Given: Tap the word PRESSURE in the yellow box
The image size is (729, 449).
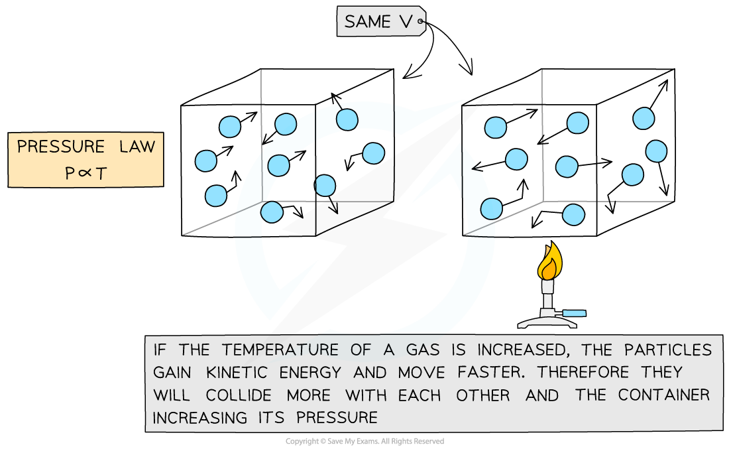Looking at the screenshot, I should pyautogui.click(x=61, y=147).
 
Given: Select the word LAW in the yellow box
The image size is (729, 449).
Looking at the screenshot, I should pyautogui.click(x=137, y=147).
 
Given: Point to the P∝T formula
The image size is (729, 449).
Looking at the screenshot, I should pyautogui.click(x=85, y=172).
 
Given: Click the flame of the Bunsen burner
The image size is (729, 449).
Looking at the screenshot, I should pyautogui.click(x=549, y=262).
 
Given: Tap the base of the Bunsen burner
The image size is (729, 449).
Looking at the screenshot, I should pyautogui.click(x=547, y=322).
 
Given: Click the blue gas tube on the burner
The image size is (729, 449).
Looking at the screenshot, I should pyautogui.click(x=575, y=312).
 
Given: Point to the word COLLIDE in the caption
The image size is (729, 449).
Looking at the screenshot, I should pyautogui.click(x=239, y=395).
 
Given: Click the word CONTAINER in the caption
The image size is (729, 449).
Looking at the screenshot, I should pyautogui.click(x=663, y=395).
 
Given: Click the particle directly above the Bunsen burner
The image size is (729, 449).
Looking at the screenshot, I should pyautogui.click(x=573, y=215).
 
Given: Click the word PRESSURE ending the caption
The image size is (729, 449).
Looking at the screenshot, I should pyautogui.click(x=337, y=418).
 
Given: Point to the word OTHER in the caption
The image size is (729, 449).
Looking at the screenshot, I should pyautogui.click(x=483, y=395).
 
